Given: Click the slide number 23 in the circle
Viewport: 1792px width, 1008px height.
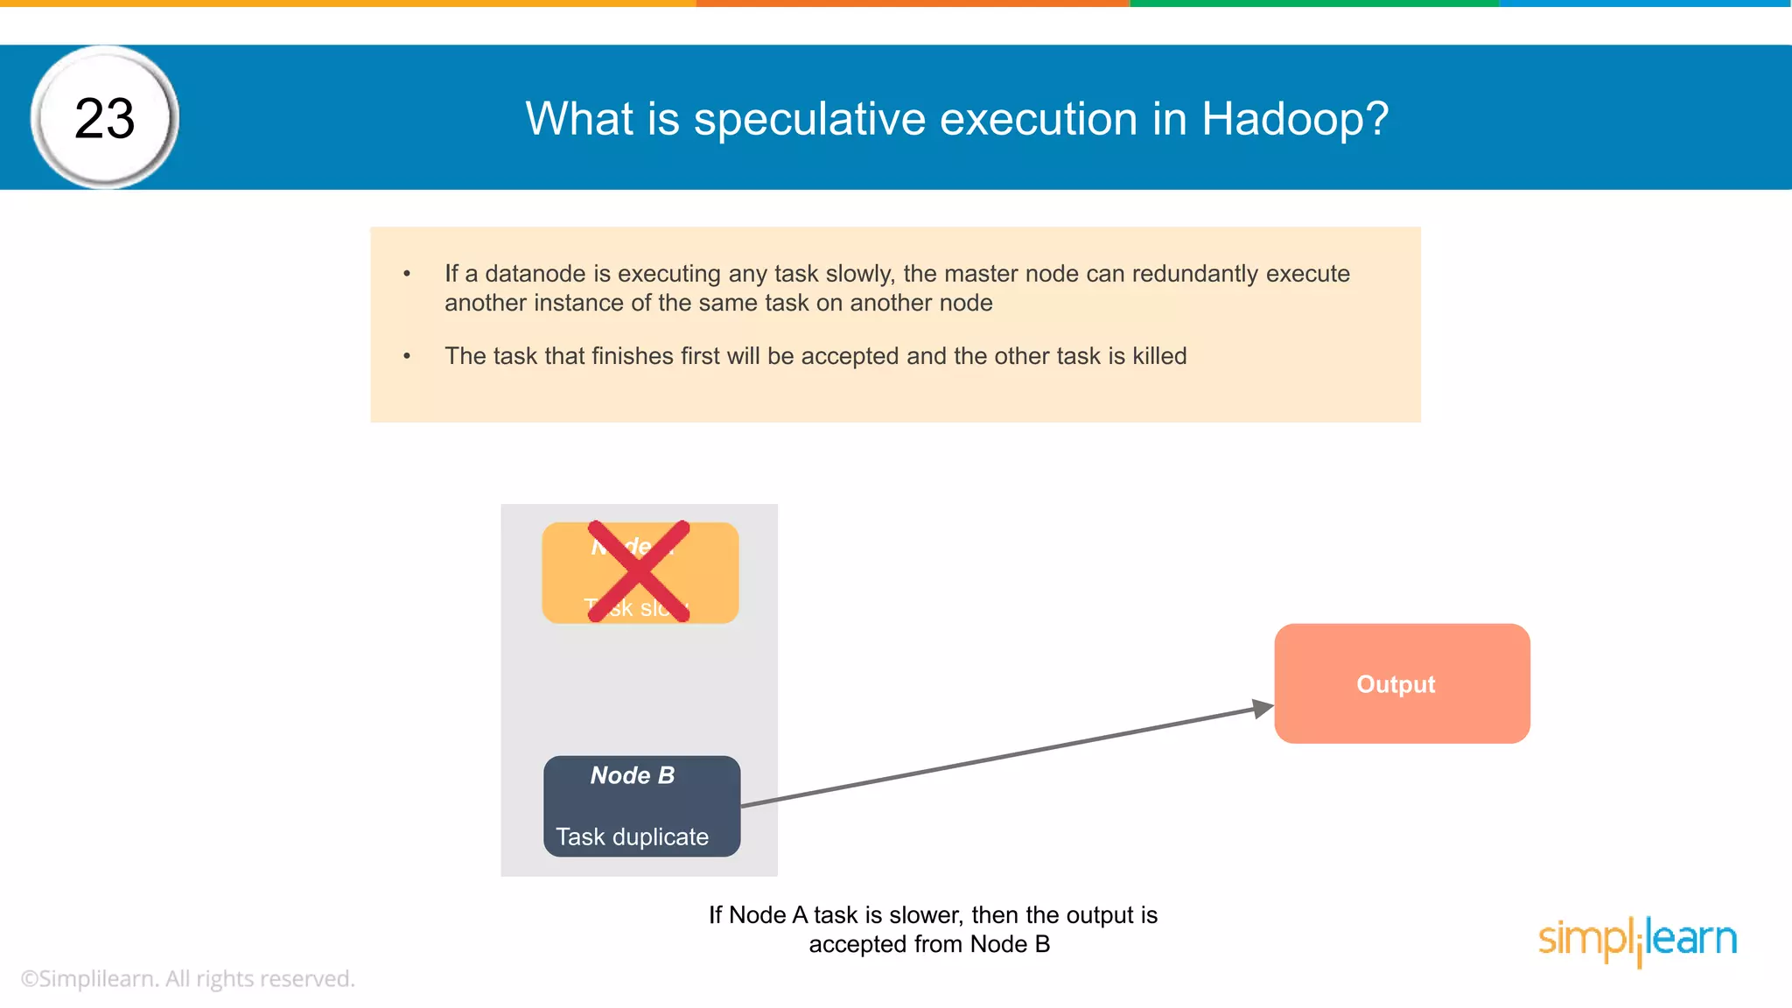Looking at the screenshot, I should [105, 118].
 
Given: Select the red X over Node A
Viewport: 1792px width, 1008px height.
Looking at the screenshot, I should [639, 571].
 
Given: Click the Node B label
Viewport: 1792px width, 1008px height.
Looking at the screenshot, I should [633, 775].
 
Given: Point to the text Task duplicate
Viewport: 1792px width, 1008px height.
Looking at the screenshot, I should [632, 836].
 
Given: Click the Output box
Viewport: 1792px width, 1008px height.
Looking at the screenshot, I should [1402, 683].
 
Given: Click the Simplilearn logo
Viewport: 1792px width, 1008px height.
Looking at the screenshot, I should [1637, 940].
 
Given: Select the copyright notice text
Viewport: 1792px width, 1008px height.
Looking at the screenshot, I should [187, 978].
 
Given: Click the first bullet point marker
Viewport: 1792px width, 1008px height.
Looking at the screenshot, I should [407, 274].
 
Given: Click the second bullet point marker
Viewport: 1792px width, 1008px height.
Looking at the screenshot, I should [407, 356].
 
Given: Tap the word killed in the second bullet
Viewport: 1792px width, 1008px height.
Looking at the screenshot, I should [1159, 356].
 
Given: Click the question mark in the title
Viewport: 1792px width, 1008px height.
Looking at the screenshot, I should [1376, 119].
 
